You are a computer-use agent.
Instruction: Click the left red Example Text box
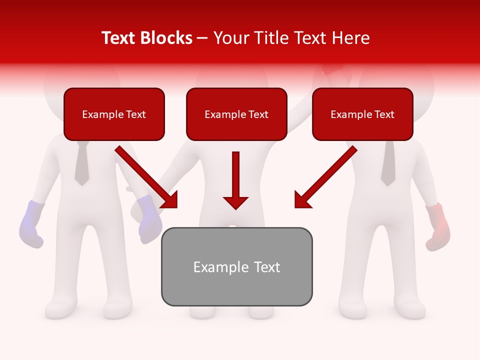click(x=114, y=114)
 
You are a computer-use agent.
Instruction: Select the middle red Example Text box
click(x=236, y=114)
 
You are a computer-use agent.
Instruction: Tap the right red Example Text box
click(x=362, y=114)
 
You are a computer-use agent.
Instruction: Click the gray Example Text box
click(x=236, y=266)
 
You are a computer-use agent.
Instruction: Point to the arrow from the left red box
click(x=146, y=177)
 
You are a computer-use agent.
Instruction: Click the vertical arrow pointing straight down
click(x=235, y=180)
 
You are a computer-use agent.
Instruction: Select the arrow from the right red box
click(x=325, y=177)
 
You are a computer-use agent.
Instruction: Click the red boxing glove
click(x=438, y=226)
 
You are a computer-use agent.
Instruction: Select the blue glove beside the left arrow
click(x=149, y=218)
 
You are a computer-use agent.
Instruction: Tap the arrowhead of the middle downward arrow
click(x=235, y=202)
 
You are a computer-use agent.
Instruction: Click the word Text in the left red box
click(x=136, y=114)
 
